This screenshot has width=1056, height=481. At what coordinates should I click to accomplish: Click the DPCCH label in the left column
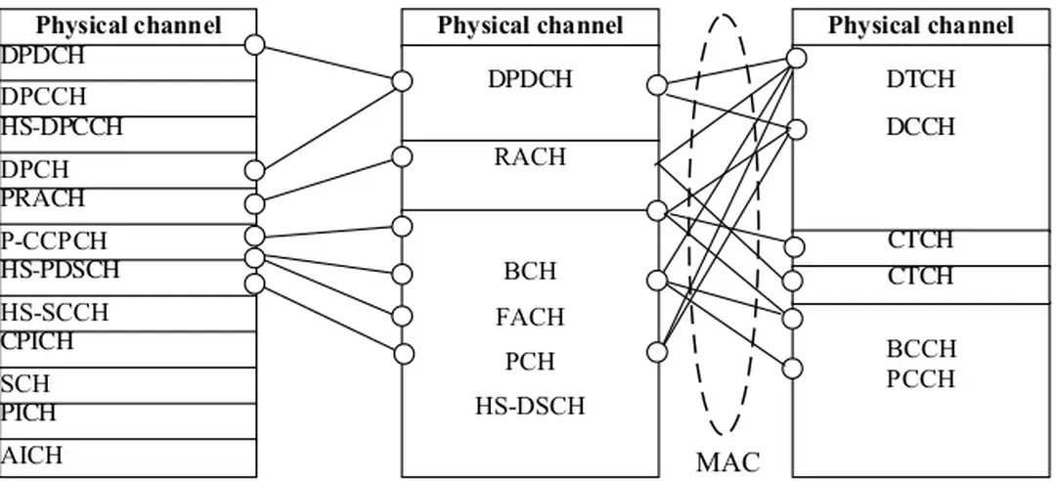[x=44, y=97]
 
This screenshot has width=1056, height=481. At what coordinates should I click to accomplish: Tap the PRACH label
[x=42, y=198]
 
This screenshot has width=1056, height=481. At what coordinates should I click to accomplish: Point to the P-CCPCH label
[x=54, y=240]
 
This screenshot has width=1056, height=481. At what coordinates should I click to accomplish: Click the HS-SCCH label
[x=54, y=313]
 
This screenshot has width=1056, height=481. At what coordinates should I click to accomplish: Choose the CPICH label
[x=37, y=341]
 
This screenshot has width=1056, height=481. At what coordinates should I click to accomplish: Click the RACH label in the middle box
[x=529, y=157]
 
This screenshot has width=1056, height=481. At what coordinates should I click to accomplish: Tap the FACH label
[x=530, y=318]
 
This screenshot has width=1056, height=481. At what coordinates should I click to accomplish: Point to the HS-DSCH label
[x=530, y=405]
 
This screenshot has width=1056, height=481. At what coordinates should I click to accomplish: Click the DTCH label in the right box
[x=920, y=79]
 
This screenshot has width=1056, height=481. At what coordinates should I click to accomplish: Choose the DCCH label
[x=920, y=127]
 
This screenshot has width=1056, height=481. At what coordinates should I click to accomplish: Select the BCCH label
[x=920, y=350]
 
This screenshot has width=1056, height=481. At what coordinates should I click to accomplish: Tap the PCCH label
[x=920, y=378]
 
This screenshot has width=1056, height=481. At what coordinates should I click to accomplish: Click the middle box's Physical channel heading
[x=529, y=25]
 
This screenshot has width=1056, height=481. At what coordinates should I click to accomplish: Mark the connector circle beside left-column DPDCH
[x=255, y=45]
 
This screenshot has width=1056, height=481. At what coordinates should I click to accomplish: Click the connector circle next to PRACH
[x=255, y=203]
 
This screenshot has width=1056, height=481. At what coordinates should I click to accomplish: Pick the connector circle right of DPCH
[x=255, y=171]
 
